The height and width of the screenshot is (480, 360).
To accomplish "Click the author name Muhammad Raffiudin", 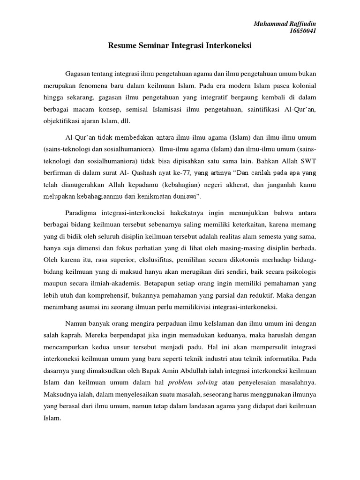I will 285,24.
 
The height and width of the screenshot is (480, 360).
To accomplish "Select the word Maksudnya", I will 61,394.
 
